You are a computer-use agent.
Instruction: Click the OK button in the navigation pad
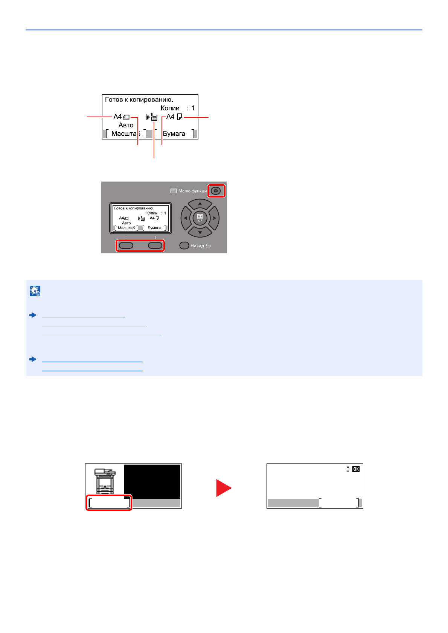tap(200, 218)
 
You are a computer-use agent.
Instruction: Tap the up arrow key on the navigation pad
tap(200, 204)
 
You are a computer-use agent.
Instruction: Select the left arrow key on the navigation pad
tap(186, 218)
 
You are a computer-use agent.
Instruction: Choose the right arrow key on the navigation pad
tap(214, 218)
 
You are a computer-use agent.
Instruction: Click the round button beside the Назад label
tap(184, 245)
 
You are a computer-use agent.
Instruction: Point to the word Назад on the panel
tap(197, 246)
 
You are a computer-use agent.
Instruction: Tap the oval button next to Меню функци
tap(216, 191)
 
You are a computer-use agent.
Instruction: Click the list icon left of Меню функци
tap(173, 191)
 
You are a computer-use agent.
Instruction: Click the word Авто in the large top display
tap(126, 125)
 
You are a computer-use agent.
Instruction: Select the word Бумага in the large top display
tap(174, 134)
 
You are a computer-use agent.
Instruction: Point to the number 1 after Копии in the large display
tap(193, 108)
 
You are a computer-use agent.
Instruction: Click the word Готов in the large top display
tap(114, 100)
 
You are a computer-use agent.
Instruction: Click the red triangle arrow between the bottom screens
tap(223, 488)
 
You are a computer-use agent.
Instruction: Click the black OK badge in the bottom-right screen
tap(356, 469)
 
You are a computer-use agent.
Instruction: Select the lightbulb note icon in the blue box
tap(35, 291)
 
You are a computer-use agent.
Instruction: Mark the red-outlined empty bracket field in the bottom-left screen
tap(109, 503)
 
